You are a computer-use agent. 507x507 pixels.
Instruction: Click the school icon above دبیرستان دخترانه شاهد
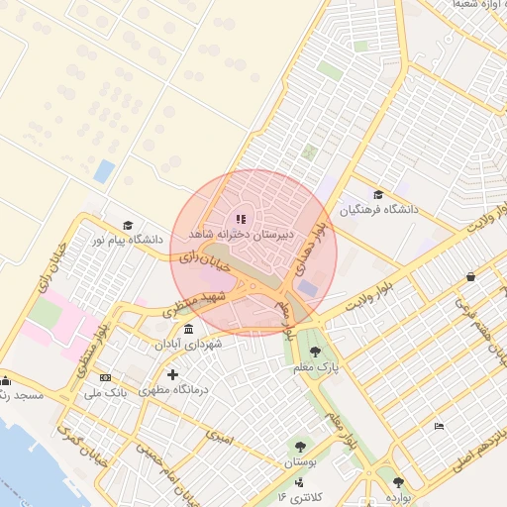(241, 219)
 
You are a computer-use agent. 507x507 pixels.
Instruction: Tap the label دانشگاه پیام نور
(126, 240)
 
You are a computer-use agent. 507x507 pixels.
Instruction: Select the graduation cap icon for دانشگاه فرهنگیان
(377, 194)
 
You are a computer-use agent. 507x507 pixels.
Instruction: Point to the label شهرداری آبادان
(189, 344)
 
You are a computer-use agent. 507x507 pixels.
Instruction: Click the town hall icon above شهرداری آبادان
(188, 329)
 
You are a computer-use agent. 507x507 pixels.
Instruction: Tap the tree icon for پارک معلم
(315, 352)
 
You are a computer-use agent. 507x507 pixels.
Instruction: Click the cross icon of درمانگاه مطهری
(173, 374)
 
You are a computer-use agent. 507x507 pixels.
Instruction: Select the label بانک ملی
(106, 393)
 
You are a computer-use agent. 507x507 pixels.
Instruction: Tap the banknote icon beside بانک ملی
(105, 377)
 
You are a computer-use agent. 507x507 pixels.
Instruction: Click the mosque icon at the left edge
(5, 380)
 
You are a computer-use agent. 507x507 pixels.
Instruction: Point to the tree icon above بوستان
(299, 447)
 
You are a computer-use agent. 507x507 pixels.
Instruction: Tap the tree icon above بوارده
(399, 482)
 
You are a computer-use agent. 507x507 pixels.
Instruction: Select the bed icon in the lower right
(440, 426)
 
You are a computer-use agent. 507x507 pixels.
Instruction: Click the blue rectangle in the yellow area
(104, 171)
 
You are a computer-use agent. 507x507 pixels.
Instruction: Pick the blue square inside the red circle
(308, 287)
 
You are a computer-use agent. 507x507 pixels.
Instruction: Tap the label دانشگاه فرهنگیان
(380, 210)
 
